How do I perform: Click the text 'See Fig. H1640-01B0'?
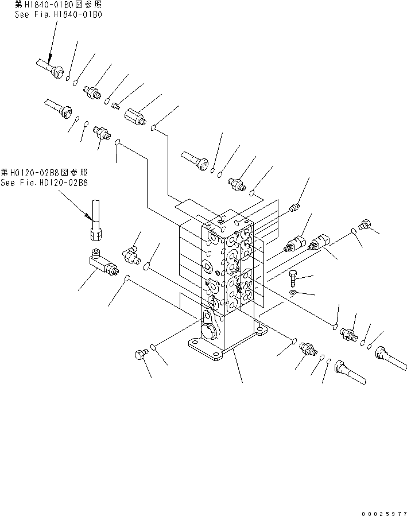click(x=59, y=15)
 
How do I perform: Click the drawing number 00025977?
click(x=383, y=508)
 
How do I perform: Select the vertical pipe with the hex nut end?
click(x=95, y=221)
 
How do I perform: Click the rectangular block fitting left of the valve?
click(x=101, y=265)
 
